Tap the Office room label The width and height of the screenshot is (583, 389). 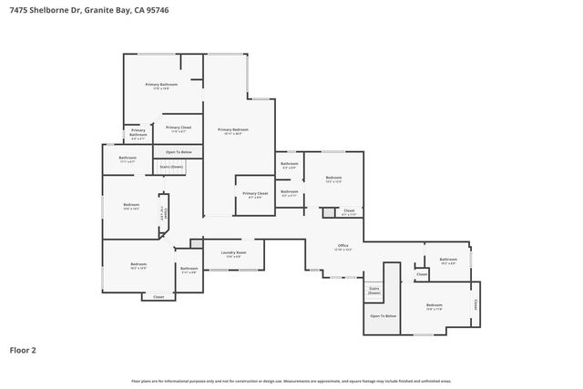(343, 247)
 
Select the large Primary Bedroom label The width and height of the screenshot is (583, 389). (233, 131)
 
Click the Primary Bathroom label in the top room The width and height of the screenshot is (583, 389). (161, 85)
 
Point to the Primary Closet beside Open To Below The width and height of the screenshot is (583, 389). (179, 128)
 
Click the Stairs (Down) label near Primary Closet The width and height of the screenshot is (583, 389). (171, 167)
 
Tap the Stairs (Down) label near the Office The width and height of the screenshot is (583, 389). (373, 291)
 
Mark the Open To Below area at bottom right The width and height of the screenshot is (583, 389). (383, 315)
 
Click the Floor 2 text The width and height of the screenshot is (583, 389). (23, 349)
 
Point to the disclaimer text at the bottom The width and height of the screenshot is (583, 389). (291, 381)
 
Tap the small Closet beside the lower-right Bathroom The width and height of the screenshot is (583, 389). (422, 274)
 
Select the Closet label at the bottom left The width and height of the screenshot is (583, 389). (159, 297)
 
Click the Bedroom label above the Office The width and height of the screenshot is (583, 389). (333, 179)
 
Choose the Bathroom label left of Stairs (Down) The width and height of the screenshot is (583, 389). (128, 159)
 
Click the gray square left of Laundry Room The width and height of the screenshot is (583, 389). (196, 243)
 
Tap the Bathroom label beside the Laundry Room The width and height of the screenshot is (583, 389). (189, 269)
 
